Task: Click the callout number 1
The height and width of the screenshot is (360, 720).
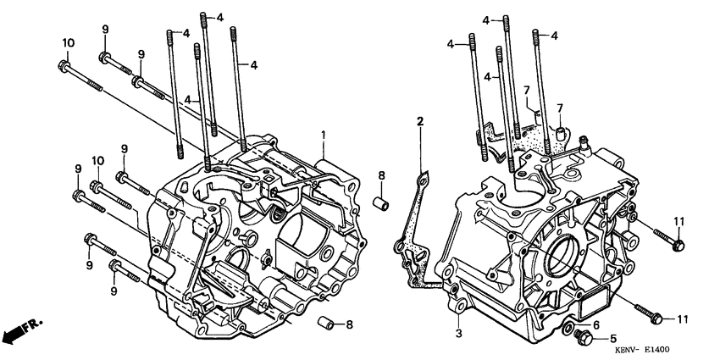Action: [x=323, y=135]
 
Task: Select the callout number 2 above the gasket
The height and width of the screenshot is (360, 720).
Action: [x=419, y=123]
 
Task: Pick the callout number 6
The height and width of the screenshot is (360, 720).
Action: [x=595, y=324]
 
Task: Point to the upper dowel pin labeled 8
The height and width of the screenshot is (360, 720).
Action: [x=381, y=205]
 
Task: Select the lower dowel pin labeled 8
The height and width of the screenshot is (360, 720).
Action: [x=324, y=324]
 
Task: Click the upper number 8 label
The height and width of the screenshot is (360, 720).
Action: [x=381, y=176]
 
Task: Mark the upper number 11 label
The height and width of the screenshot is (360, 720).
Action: [x=678, y=221]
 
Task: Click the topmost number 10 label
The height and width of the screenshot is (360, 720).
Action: [x=68, y=43]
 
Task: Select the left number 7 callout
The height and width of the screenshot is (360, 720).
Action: [x=525, y=89]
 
